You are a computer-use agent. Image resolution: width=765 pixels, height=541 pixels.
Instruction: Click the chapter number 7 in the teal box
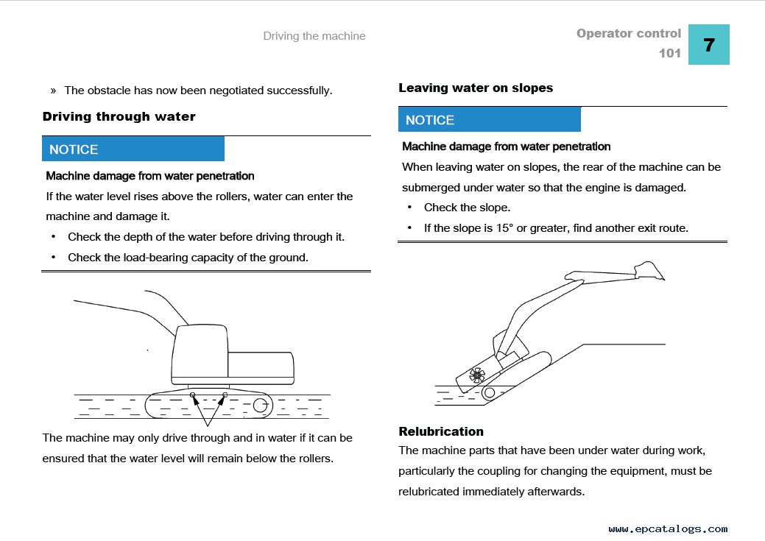pos(708,45)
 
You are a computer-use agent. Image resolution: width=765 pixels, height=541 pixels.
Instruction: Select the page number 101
pos(670,53)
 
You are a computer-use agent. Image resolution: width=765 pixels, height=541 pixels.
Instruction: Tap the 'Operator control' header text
pos(629,33)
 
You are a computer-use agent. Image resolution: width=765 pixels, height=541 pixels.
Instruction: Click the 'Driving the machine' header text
pos(314,36)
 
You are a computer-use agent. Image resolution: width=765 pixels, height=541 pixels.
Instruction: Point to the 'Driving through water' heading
pos(119,116)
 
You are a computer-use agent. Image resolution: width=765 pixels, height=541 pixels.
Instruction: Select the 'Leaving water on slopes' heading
pos(476,88)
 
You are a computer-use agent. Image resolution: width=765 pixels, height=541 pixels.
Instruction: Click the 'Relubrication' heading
pos(441,431)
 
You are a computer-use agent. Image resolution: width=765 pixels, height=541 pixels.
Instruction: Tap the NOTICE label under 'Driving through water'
pos(74,149)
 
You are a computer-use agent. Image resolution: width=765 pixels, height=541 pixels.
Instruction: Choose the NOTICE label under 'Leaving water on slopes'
pos(430,120)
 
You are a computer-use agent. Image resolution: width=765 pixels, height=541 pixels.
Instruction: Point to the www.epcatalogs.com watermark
pos(668,528)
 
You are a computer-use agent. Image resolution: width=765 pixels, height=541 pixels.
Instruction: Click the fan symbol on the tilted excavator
pos(476,375)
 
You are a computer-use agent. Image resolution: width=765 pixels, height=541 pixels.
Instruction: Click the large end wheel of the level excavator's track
pos(260,404)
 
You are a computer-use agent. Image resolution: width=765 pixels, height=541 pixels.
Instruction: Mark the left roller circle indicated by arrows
pos(192,396)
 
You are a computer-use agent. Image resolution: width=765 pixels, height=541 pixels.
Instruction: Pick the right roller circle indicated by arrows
pos(225,396)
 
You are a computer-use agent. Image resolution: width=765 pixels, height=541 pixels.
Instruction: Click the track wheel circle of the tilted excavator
pos(489,393)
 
